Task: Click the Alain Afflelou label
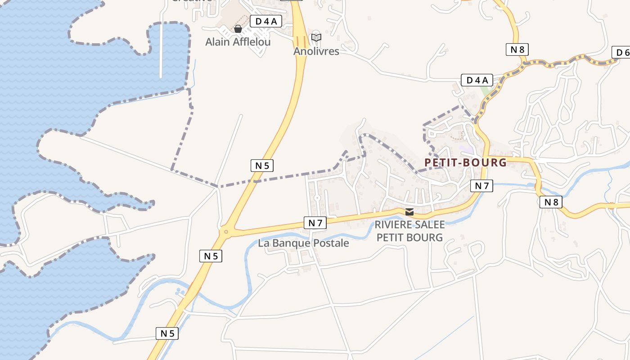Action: click(x=238, y=42)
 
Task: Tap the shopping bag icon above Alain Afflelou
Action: click(x=238, y=29)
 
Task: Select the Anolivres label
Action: click(x=316, y=51)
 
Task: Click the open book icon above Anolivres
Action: click(x=316, y=37)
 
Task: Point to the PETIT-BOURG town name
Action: click(x=466, y=162)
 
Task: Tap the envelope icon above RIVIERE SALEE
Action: click(x=409, y=212)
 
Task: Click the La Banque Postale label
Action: click(x=303, y=243)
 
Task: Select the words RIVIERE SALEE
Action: click(x=409, y=225)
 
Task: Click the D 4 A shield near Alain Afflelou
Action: click(x=265, y=21)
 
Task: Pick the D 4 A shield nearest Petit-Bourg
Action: click(x=477, y=81)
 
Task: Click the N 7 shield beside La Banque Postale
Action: click(x=315, y=222)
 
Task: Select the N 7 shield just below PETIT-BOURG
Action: click(x=481, y=185)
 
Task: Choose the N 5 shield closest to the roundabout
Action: click(x=211, y=256)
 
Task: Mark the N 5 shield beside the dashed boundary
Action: click(x=262, y=166)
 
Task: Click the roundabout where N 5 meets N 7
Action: click(x=226, y=232)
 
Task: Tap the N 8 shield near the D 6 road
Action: click(x=517, y=49)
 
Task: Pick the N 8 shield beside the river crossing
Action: click(x=551, y=202)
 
